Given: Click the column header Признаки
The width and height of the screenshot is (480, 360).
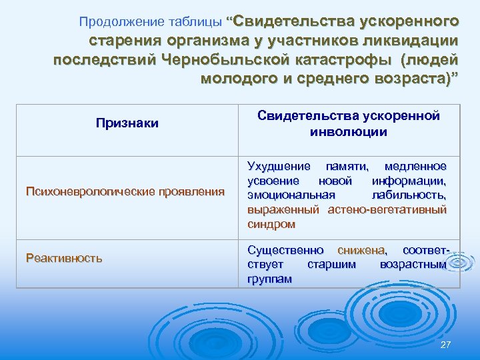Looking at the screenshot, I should tap(127, 123).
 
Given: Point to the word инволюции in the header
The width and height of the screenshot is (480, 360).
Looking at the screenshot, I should tap(349, 131).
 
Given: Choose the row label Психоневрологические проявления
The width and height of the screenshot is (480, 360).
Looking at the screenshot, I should tap(125, 192).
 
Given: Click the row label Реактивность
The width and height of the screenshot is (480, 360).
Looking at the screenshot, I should tap(64, 257).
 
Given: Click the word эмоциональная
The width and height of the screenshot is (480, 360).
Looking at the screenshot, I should tap(289, 195).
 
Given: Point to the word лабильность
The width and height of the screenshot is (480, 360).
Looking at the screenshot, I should tap(414, 195).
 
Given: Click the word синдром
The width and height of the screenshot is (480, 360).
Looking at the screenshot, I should tap(271, 224).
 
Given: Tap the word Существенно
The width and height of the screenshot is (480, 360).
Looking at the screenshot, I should tap(286, 250).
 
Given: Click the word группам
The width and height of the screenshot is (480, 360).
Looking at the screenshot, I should tap(269, 279).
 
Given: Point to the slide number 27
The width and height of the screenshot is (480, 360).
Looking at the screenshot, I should tap(446, 344).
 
